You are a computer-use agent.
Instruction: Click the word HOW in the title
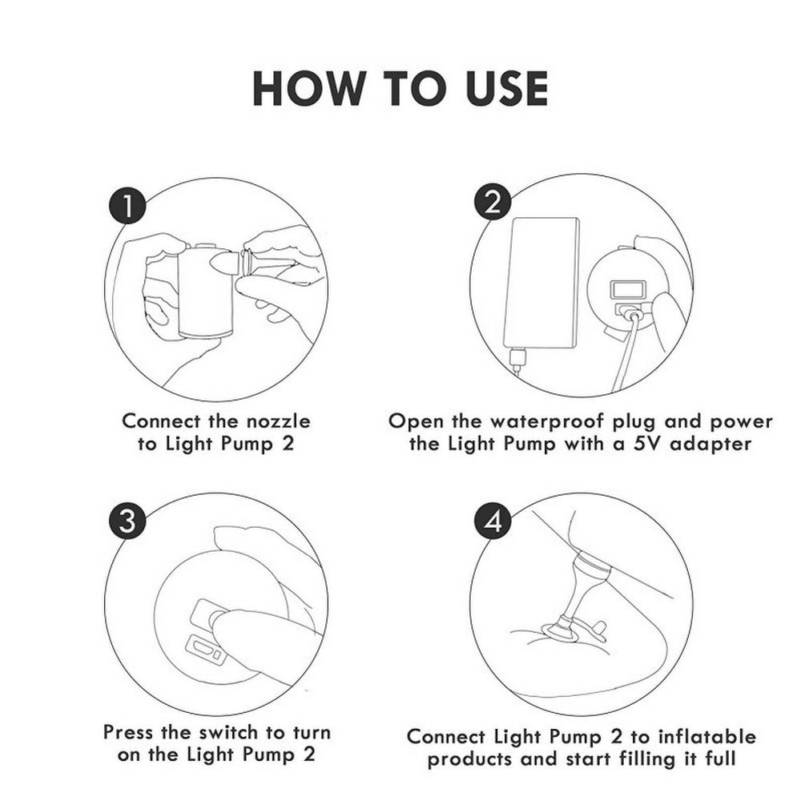tap(307, 88)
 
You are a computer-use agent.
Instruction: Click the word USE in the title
tap(507, 88)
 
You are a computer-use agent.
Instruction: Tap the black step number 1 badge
tap(127, 206)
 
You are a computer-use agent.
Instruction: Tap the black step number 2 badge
tap(493, 203)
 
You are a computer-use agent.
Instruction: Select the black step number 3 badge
tap(127, 521)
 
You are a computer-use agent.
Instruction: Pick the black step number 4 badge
tap(493, 521)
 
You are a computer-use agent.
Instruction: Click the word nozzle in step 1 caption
tap(279, 421)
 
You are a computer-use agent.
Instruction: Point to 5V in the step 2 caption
tap(648, 444)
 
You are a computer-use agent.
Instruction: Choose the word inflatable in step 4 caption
tap(706, 737)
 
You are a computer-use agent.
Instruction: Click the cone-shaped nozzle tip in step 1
tap(224, 263)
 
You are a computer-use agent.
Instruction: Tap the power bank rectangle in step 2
tap(541, 283)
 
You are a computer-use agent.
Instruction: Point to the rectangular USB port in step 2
tap(628, 289)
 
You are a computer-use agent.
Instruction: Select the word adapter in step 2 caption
tap(710, 445)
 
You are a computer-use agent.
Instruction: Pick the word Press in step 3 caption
tap(129, 732)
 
